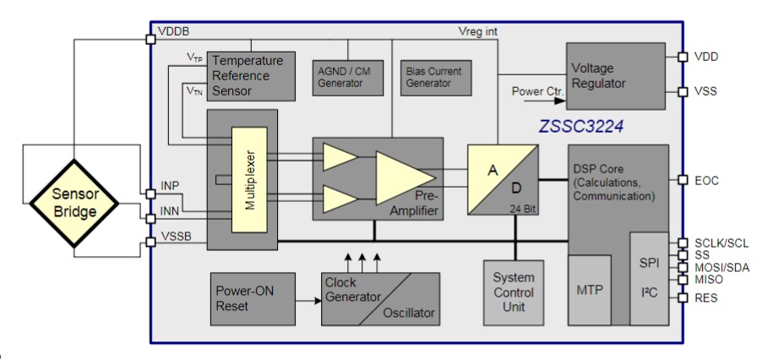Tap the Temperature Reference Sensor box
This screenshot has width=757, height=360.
[252, 76]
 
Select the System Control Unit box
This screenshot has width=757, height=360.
[514, 292]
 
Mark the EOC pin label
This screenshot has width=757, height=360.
[706, 180]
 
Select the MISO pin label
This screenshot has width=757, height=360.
[708, 280]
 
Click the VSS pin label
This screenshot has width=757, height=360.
[706, 91]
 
